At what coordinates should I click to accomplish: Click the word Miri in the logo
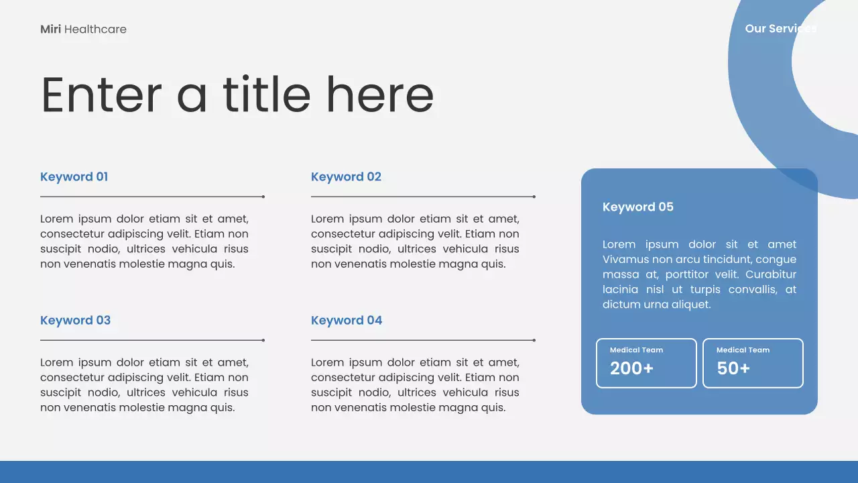coord(50,29)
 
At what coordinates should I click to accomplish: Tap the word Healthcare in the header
coord(95,29)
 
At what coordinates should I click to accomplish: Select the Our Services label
coord(781,29)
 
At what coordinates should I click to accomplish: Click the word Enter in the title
coord(101,95)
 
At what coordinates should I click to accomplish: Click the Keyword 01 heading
coord(74,176)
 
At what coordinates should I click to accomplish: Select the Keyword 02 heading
coord(346,176)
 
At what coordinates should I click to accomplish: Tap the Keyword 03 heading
coord(75,320)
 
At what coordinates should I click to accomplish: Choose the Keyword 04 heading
coord(347,320)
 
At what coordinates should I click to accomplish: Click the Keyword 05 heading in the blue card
coord(637,207)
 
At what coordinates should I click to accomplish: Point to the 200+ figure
coord(631,368)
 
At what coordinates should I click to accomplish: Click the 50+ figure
coord(733,368)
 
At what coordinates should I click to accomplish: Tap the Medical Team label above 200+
coord(636,350)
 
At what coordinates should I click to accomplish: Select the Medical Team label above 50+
coord(743,350)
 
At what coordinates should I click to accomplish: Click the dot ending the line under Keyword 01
coord(263,197)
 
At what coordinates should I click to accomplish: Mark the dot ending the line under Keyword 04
coord(534,340)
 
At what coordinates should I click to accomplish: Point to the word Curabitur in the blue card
coord(771,274)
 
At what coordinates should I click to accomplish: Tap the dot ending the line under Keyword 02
coord(534,197)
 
